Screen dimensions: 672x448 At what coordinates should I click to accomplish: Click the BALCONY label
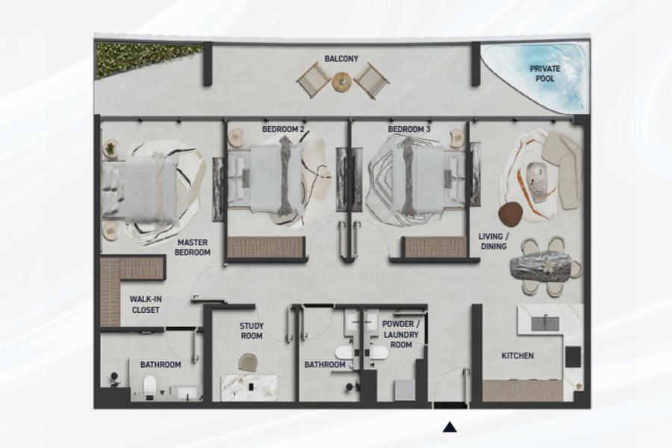(x=341, y=59)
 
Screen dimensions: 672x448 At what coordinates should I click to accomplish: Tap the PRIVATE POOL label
(x=545, y=73)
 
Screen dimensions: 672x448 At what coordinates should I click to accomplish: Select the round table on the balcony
(x=342, y=81)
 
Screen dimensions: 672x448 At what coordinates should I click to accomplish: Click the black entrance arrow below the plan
(x=449, y=427)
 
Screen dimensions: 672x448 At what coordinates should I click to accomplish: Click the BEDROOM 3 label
(x=409, y=129)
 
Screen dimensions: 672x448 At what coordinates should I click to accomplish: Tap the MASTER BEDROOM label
(x=193, y=247)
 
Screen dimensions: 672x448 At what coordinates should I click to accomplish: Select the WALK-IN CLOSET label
(x=146, y=305)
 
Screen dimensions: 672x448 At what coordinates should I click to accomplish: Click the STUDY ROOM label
(x=252, y=331)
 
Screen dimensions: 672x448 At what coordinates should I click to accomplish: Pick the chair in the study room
(x=248, y=363)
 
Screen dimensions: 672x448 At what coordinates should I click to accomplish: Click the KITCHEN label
(x=517, y=356)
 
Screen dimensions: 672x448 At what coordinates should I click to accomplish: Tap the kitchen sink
(x=545, y=323)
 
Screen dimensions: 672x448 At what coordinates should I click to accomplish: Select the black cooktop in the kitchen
(x=573, y=357)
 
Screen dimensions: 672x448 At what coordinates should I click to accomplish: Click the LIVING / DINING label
(x=494, y=241)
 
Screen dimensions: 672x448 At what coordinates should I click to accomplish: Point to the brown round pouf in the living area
(x=511, y=214)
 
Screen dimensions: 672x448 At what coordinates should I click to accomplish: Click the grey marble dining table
(x=542, y=268)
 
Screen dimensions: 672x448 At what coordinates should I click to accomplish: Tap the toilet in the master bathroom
(x=149, y=385)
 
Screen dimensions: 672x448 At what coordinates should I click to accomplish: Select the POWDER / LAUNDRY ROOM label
(x=401, y=335)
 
